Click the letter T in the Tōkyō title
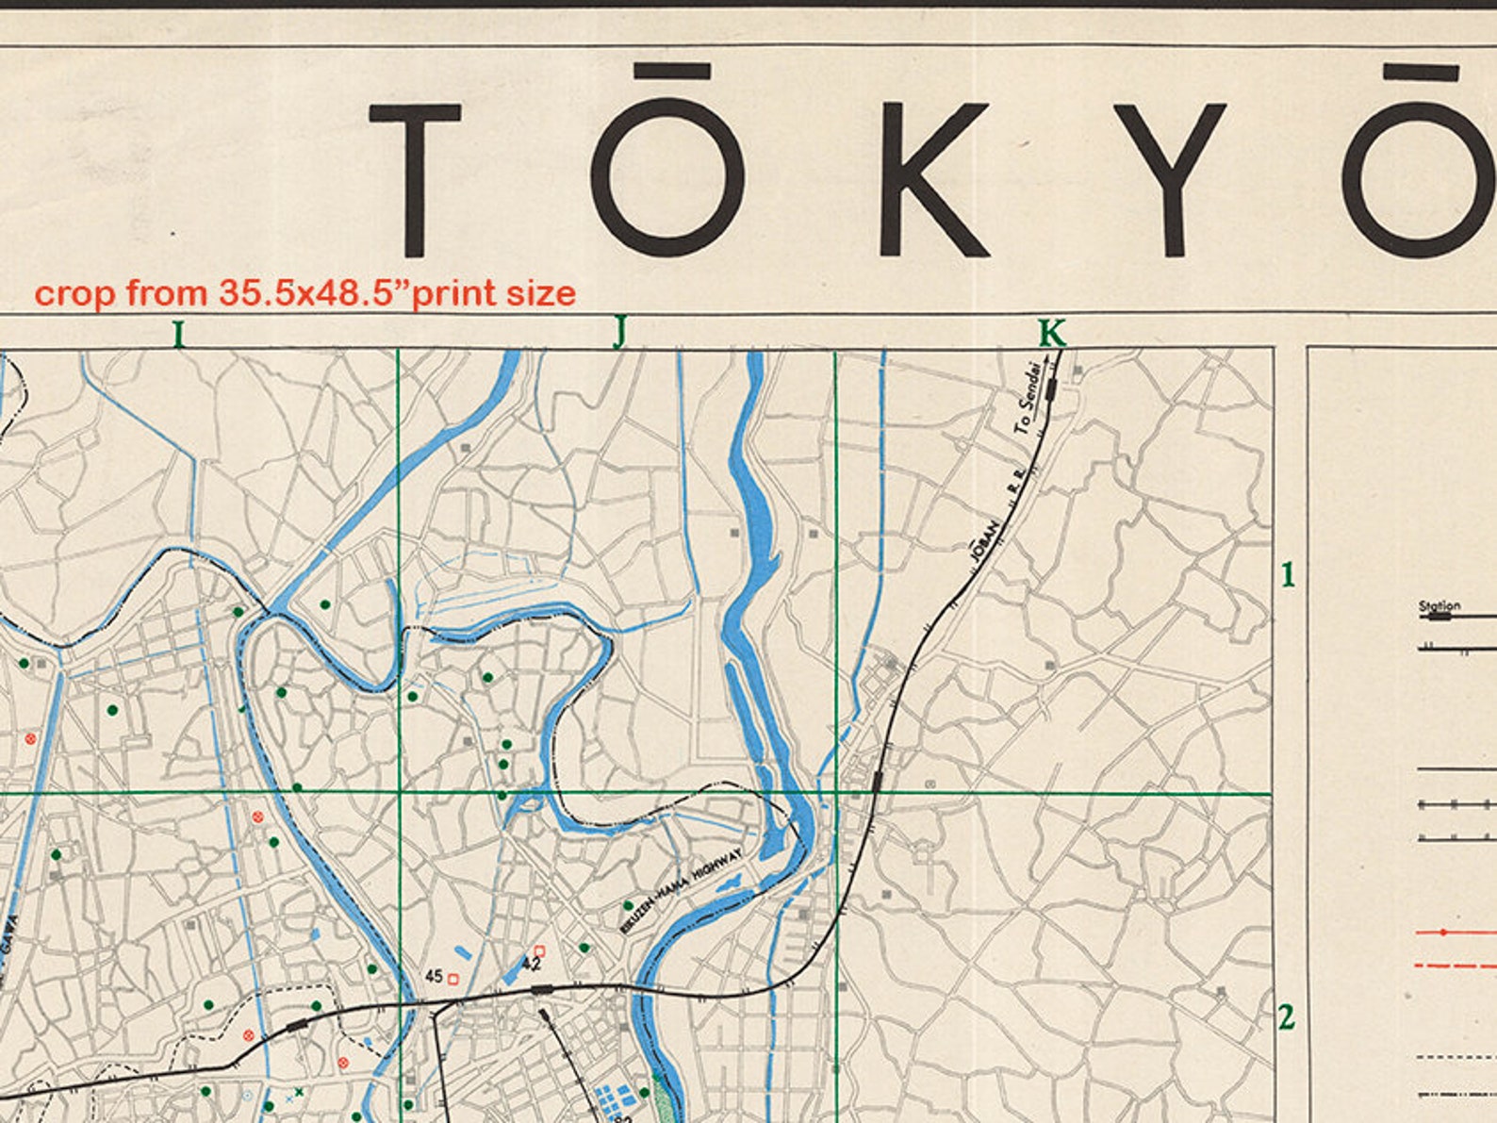coord(414,179)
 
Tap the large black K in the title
coord(932,179)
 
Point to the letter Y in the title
coord(1171,179)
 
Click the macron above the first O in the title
coord(671,72)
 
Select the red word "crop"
coord(74,293)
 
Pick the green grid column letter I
coord(177,334)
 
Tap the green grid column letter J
coord(619,333)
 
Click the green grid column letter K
coord(1051,333)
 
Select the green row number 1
coord(1288,574)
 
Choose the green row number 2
coord(1287,1017)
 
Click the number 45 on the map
coord(435,976)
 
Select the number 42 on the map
coord(531,964)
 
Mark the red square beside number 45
coord(453,980)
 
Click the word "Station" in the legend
coord(1439,605)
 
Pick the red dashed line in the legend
coord(1456,966)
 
